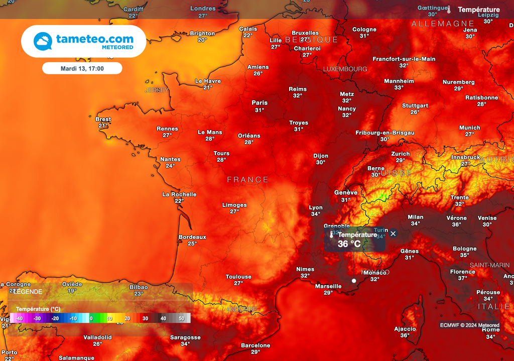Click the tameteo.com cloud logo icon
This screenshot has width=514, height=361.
point(43,41)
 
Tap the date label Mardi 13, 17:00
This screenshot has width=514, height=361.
point(82,68)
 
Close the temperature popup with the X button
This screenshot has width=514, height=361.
point(393,233)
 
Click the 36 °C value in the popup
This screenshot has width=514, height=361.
point(349,244)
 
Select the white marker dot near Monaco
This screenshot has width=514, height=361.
point(354,281)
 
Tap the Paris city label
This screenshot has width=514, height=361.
point(260,103)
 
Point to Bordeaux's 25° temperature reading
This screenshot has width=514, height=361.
point(192,244)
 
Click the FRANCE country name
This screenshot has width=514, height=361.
point(248,179)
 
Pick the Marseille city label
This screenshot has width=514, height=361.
point(328,286)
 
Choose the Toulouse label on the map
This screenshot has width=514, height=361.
point(238,277)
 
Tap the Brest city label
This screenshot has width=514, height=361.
point(103,119)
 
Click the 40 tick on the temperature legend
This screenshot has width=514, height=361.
point(163,318)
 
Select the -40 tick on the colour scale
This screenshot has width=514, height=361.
point(19,318)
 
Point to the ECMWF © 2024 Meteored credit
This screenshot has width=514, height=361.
point(470,325)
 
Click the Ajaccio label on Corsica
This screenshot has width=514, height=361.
point(405,329)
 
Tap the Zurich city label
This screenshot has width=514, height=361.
point(401,154)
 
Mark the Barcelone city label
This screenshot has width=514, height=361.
point(255,345)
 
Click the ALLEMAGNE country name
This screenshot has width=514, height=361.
point(442,24)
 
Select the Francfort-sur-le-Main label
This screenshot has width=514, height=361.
point(404,59)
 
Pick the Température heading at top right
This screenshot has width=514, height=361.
point(479,10)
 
